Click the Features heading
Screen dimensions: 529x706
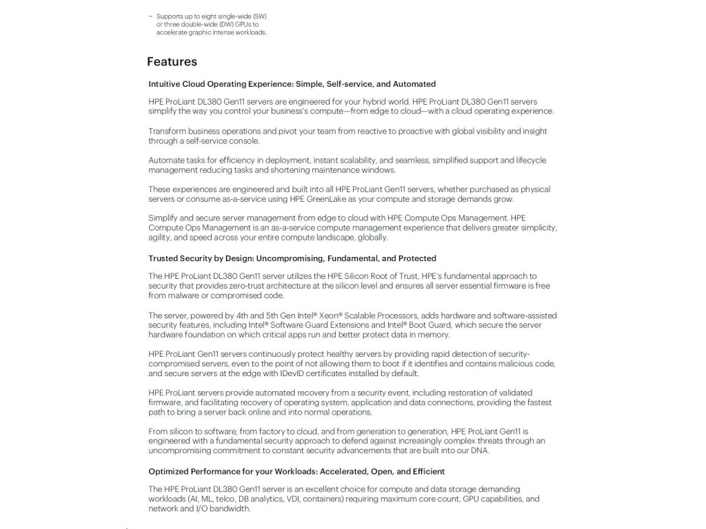pos(172,62)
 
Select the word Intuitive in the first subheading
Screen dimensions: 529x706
pos(165,84)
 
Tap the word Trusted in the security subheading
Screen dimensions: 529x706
pos(163,258)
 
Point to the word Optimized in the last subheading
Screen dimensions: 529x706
pos(168,472)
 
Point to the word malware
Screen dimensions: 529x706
pos(182,295)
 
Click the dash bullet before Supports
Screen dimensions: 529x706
pos(150,16)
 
